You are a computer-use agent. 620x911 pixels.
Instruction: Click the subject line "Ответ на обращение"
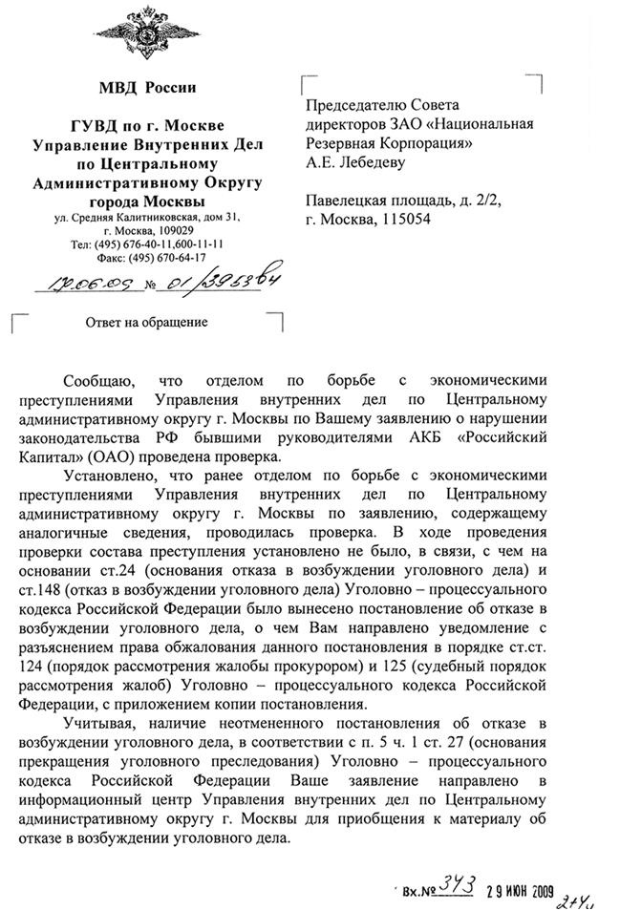(x=146, y=322)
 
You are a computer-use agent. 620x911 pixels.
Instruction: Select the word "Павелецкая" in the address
(x=348, y=201)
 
